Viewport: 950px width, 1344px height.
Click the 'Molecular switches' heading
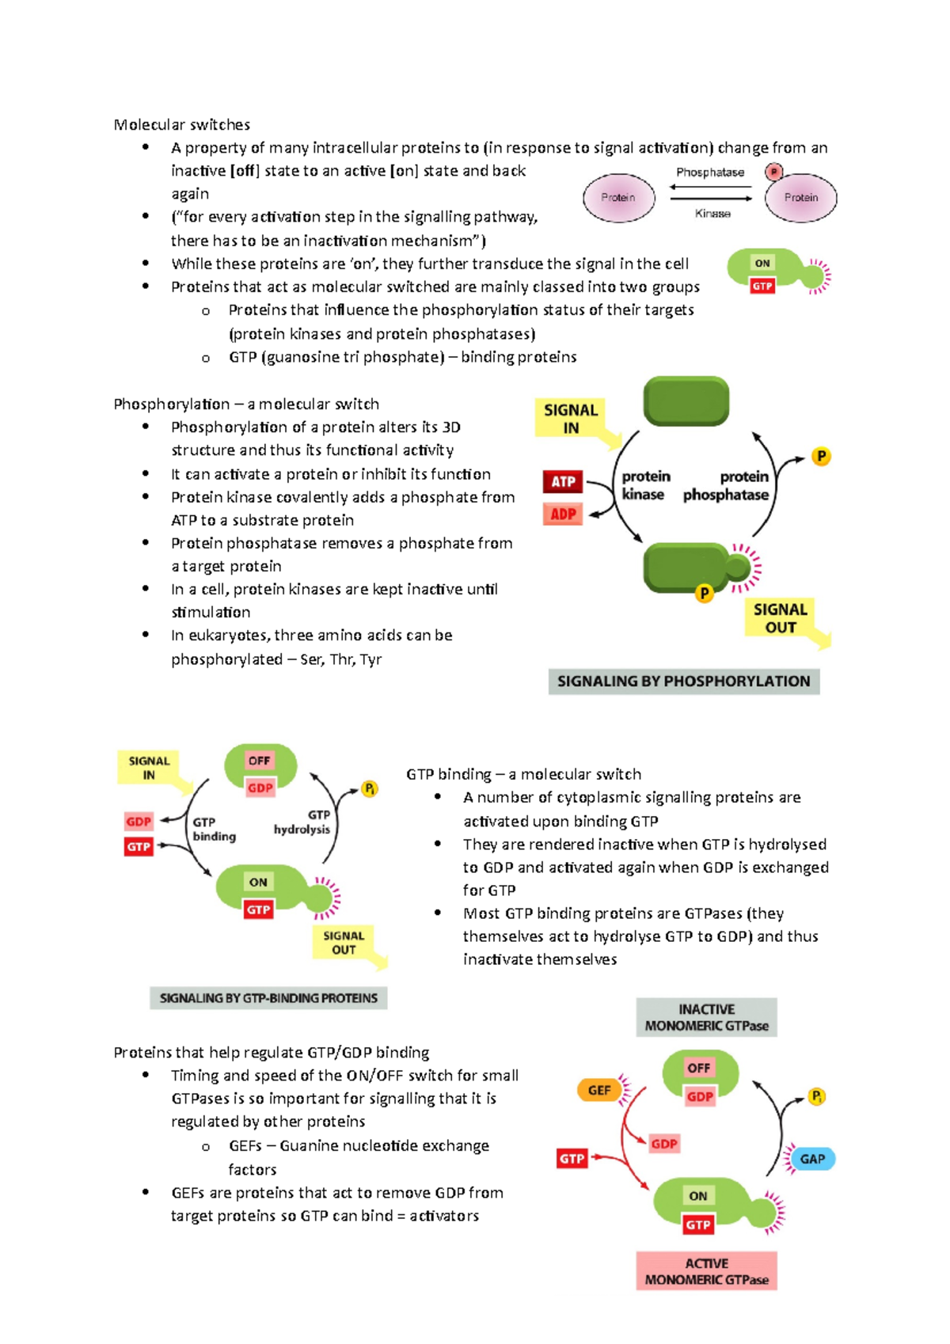181,124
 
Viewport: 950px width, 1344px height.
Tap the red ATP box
563,481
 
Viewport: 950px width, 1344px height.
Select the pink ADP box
563,514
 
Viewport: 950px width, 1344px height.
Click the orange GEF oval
599,1091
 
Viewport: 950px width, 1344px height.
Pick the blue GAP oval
812,1159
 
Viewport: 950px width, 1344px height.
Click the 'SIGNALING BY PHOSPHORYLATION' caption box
683,681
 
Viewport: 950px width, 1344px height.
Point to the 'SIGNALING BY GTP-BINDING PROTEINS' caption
268,998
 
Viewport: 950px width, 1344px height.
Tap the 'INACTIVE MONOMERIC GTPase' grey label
706,1018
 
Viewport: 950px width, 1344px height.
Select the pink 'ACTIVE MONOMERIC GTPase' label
706,1271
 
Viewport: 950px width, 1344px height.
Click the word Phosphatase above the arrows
710,173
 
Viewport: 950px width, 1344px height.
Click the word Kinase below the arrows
712,214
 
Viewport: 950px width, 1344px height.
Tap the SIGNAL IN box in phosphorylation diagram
571,418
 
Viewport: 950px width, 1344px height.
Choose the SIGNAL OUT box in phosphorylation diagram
780,618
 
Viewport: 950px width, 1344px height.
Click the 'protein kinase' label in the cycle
644,485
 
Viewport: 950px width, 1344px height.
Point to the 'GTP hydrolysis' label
303,822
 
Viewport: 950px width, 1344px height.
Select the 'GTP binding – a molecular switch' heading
523,774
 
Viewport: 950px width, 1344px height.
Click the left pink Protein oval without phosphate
618,198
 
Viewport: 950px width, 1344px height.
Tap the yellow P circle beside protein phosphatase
821,457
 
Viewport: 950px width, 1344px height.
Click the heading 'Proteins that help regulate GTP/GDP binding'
271,1053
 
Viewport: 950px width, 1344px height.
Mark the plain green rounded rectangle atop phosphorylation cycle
686,401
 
